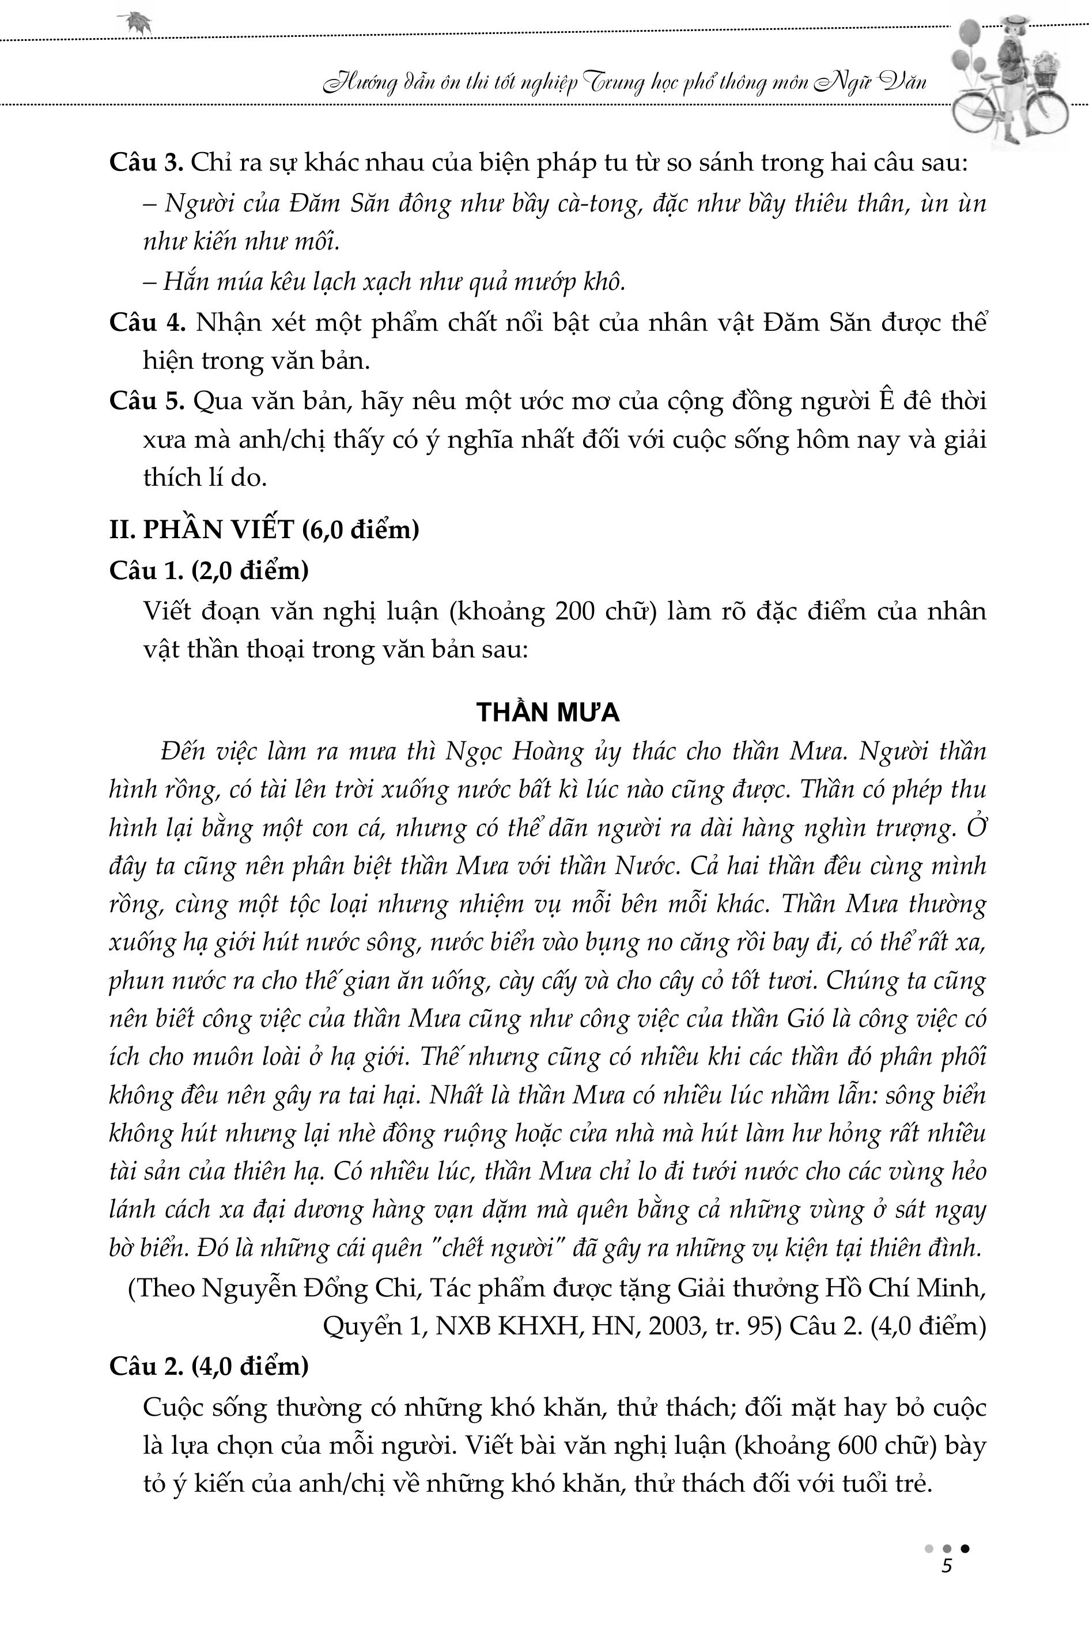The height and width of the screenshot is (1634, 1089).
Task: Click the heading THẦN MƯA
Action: pos(547,713)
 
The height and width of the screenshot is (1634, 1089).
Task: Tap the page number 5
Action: pos(945,1567)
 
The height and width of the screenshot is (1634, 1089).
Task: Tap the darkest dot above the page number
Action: pos(965,1548)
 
